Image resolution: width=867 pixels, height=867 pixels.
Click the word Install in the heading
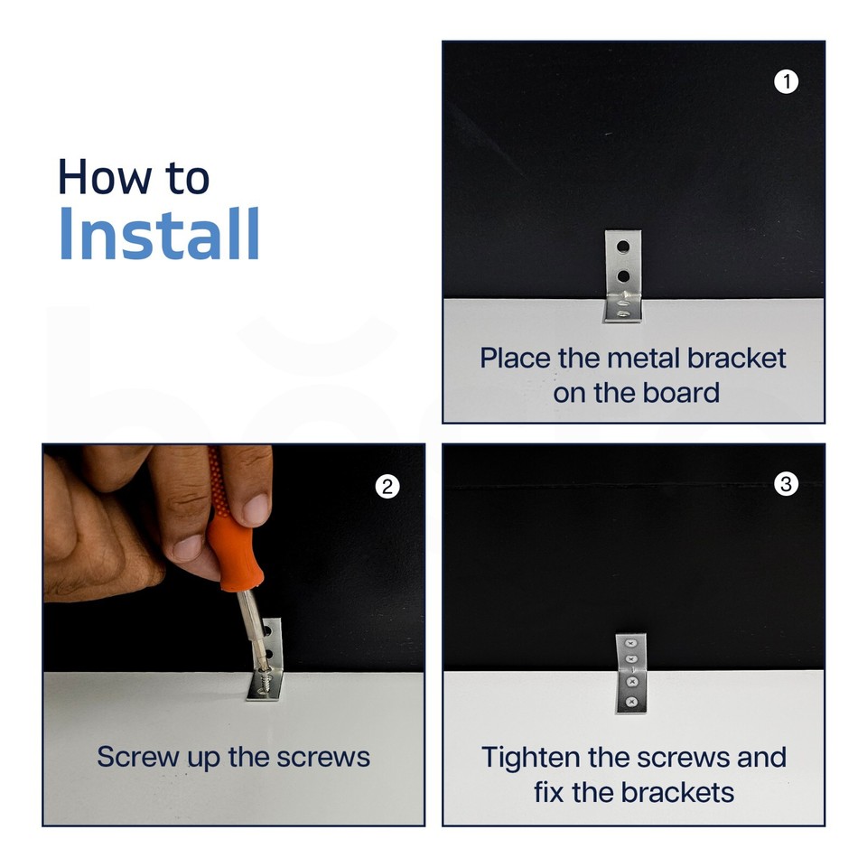159,233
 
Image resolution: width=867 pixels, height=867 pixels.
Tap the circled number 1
786,82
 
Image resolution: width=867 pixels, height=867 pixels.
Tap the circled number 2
387,487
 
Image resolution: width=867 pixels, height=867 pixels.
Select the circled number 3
786,484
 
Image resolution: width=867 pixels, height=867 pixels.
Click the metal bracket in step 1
622,276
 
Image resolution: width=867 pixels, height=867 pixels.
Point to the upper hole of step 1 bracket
622,246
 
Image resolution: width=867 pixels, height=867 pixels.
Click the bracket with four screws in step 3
631,674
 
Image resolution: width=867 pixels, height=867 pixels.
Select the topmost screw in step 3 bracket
631,644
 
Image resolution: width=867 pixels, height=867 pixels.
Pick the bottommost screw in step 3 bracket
631,703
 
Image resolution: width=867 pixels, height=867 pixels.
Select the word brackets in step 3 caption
678,792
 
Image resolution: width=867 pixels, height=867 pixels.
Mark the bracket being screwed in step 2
267,659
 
